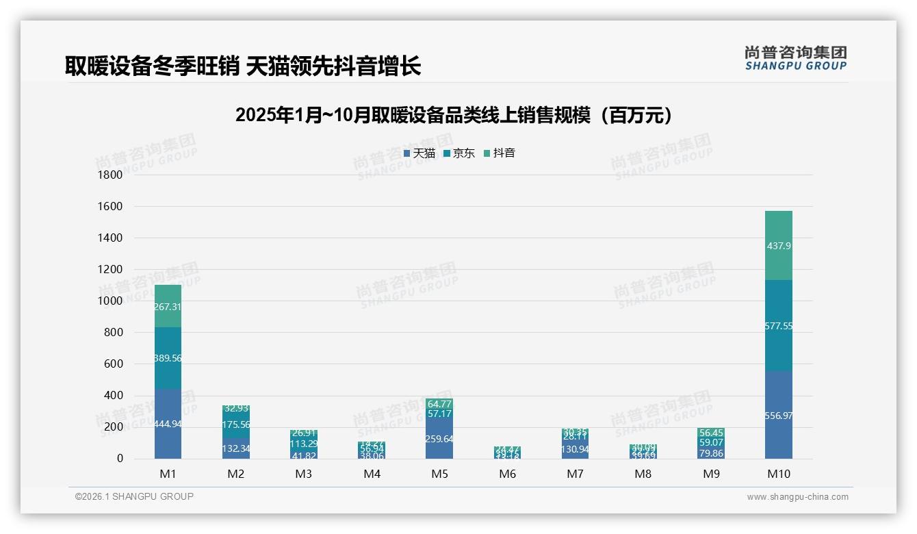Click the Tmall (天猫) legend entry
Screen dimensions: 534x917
(x=419, y=153)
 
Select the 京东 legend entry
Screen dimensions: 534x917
(x=459, y=153)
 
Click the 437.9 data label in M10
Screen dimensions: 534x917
(x=779, y=246)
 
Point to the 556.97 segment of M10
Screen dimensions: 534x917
(x=779, y=416)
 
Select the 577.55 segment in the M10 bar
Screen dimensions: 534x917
(x=779, y=326)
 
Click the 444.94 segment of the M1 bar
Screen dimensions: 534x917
(x=168, y=424)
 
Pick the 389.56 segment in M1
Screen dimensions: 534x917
(x=168, y=358)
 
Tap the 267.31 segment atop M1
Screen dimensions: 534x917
(x=168, y=306)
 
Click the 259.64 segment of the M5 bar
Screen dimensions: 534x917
(x=439, y=439)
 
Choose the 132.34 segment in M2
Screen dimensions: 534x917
(x=235, y=448)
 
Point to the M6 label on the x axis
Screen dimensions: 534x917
(x=507, y=474)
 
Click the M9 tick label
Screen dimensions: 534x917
(x=711, y=474)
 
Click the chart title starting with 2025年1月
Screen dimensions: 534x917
(x=453, y=115)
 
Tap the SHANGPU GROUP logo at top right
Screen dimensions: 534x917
(x=795, y=58)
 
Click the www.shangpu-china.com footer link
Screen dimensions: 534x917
(x=797, y=497)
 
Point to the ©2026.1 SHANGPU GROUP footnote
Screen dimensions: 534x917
(x=134, y=496)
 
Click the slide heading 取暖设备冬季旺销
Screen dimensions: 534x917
(x=243, y=66)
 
